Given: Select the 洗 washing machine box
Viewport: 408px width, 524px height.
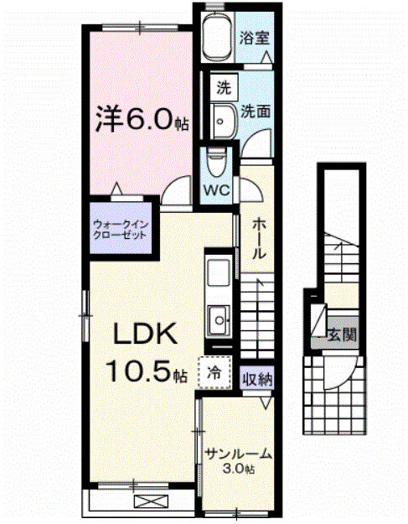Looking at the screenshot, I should [223, 86].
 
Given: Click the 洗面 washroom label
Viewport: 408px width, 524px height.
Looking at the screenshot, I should [256, 111].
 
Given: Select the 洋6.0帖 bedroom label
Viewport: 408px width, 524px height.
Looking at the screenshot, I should [138, 120].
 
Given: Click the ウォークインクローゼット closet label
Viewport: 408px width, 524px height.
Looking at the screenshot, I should [121, 229].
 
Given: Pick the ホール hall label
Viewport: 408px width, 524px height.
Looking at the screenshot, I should [259, 240].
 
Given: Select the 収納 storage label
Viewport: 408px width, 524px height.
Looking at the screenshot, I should [256, 379].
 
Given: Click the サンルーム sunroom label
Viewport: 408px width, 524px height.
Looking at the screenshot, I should [239, 454].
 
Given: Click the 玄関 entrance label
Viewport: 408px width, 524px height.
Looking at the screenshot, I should [341, 335].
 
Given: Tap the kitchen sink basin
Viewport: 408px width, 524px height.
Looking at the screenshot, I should [218, 319].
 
